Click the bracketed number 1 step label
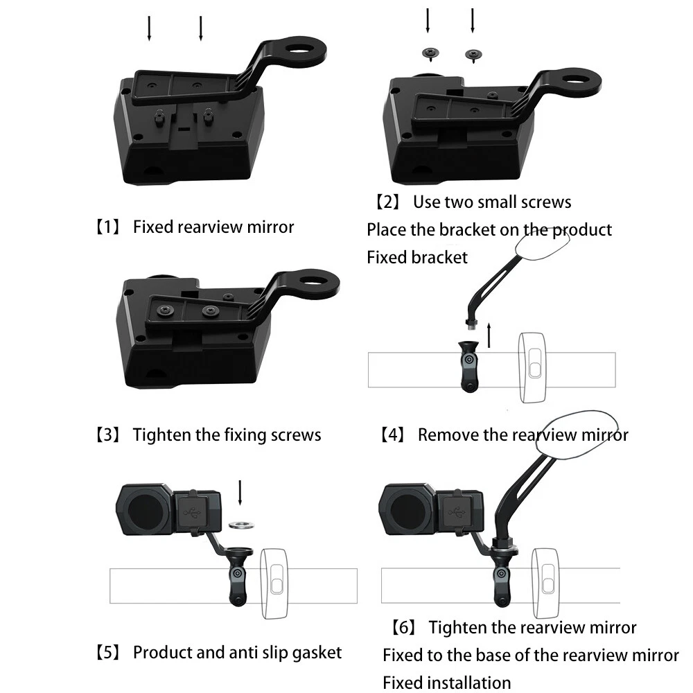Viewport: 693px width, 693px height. click(x=108, y=227)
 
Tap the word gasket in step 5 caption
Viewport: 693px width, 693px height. click(x=312, y=652)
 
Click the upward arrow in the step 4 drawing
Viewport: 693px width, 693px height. click(x=490, y=334)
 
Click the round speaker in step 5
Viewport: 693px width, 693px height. click(x=144, y=511)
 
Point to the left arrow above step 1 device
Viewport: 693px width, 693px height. click(x=149, y=28)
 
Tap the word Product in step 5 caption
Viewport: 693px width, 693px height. click(x=161, y=652)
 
